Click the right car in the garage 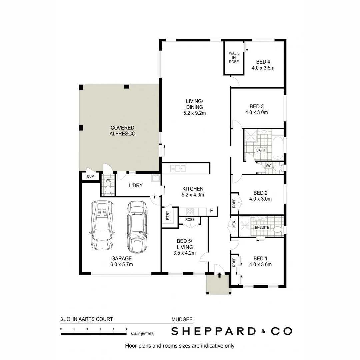click(137, 227)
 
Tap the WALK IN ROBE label click(234, 57)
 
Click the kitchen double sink click(178, 168)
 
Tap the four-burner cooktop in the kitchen click(190, 211)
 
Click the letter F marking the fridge click(211, 211)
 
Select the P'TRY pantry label click(167, 216)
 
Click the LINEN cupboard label click(234, 226)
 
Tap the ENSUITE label click(262, 227)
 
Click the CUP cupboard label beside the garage click(90, 176)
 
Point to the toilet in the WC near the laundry click(108, 190)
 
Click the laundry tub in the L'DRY click(156, 178)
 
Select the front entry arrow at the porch click(219, 275)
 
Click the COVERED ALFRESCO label click(122, 131)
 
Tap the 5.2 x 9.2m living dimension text click(194, 113)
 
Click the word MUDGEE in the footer click(182, 319)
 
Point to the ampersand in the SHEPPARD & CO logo click(263, 331)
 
